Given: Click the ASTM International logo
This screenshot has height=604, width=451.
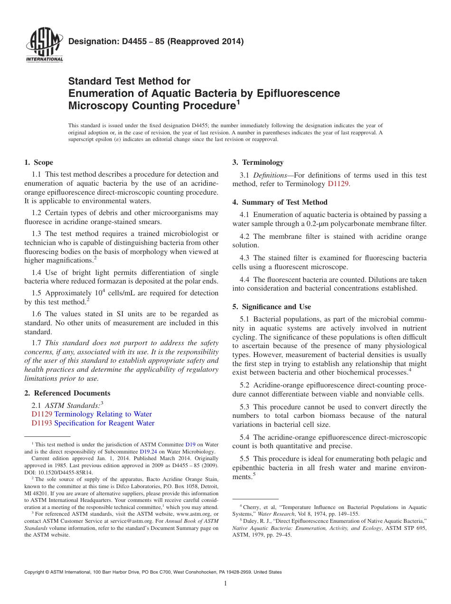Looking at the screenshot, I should (44, 46).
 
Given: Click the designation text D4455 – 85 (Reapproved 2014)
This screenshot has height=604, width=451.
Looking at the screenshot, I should (156, 41).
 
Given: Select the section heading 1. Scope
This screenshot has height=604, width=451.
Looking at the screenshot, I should (38, 162).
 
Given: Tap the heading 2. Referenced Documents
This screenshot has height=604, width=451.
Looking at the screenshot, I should (67, 393).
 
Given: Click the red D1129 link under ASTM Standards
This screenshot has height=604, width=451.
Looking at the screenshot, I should (41, 414).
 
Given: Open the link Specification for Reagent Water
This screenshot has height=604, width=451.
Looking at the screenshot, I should (104, 423).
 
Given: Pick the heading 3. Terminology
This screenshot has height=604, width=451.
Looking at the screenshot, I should (258, 162).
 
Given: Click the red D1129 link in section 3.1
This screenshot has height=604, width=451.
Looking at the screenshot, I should (338, 184).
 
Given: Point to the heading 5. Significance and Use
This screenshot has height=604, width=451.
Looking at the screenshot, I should (272, 307).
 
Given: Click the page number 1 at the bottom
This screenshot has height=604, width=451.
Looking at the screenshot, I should (225, 584).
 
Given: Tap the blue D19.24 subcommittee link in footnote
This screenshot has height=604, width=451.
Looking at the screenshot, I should (147, 452).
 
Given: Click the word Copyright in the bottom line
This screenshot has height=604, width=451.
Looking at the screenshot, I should (35, 572).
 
